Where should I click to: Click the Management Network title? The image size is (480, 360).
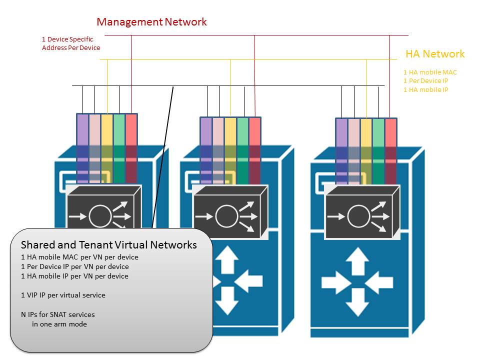pos(151,22)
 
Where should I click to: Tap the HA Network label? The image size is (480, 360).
pos(434,54)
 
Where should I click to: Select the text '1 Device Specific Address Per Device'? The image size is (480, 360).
pos(71,43)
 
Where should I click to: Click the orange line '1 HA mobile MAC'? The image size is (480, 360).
pos(430,72)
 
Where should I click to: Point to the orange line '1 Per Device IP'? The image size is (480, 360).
pos(429,81)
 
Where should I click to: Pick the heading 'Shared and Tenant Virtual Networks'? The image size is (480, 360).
pos(108,245)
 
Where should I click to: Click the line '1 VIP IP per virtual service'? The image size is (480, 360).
pos(63,295)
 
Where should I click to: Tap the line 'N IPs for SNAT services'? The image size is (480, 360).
pos(57,314)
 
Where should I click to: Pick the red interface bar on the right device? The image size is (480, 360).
pos(390,150)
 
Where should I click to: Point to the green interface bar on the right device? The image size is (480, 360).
pos(378,150)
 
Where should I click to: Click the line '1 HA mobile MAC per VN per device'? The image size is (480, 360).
pos(79,257)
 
